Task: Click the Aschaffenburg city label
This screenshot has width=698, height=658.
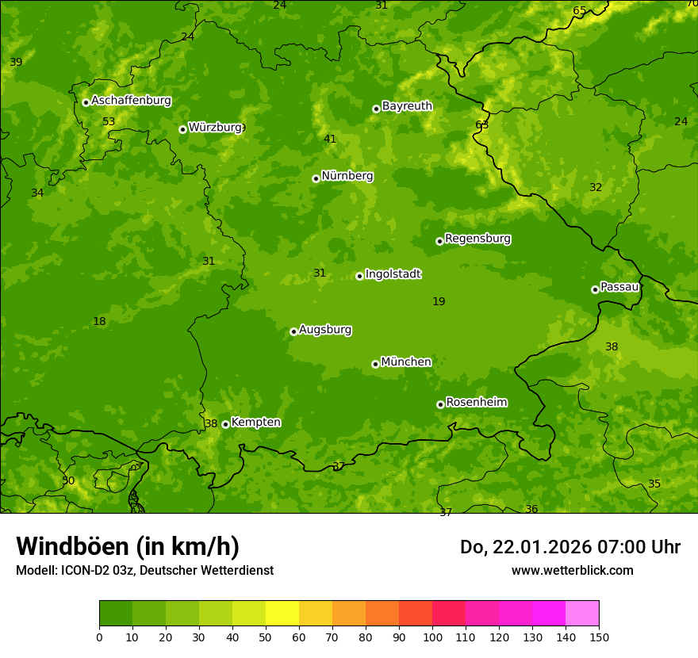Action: tap(131, 101)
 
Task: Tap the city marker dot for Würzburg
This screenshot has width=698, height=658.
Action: tap(182, 129)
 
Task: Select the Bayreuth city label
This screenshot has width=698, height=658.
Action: tap(407, 106)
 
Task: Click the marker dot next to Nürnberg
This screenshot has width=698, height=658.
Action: tap(316, 178)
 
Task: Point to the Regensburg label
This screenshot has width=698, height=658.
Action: tap(477, 239)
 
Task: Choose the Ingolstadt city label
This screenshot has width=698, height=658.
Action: tap(393, 274)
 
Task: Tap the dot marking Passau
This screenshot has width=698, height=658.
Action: tap(595, 289)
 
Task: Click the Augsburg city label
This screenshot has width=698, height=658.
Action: tap(325, 330)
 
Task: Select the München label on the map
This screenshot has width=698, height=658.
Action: tap(406, 362)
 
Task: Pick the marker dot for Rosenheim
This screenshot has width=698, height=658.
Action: tap(440, 404)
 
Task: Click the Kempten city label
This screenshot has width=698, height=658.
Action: tap(255, 423)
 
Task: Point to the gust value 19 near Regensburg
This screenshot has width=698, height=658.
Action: tap(439, 301)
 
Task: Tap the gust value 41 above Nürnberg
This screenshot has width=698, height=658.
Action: tap(330, 139)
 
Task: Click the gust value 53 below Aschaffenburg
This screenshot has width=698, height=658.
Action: tap(109, 121)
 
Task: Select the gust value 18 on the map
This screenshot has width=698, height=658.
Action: tap(99, 321)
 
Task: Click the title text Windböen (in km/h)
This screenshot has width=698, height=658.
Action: tap(128, 546)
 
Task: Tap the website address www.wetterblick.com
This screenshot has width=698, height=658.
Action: tap(572, 570)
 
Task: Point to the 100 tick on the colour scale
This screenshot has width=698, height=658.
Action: tap(432, 637)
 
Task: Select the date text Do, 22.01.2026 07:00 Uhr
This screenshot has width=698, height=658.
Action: tap(570, 547)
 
